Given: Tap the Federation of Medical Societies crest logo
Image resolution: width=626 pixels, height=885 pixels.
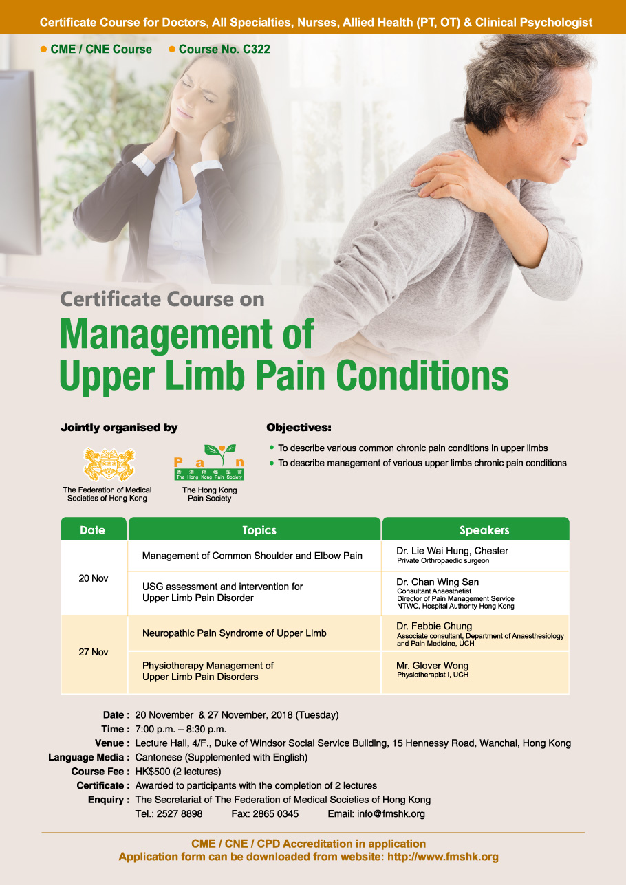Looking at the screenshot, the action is [109, 464].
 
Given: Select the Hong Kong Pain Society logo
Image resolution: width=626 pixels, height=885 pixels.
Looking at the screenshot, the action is [209, 462].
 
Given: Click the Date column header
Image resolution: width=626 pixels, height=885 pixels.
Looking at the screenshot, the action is [93, 529].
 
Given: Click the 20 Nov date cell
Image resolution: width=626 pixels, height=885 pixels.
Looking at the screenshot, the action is [94, 578].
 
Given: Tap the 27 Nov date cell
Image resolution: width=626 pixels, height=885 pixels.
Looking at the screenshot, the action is [94, 652].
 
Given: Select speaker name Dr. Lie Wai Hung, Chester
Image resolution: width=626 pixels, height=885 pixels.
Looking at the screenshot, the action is [452, 551].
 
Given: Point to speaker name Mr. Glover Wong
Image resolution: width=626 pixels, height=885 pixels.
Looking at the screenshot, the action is [432, 666].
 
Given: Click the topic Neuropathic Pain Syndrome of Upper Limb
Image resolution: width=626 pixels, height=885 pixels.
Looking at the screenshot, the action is [235, 633].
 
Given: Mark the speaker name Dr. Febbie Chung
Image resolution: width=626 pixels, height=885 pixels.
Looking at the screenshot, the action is [434, 626].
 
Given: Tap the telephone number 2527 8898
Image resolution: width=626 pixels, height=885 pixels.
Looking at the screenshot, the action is [180, 814].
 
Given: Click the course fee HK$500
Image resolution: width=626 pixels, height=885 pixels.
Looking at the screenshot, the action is [153, 772].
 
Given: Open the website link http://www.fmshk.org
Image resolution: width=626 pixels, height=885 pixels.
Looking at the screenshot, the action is [442, 857].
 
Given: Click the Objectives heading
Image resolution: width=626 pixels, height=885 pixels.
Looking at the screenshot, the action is [299, 428].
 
